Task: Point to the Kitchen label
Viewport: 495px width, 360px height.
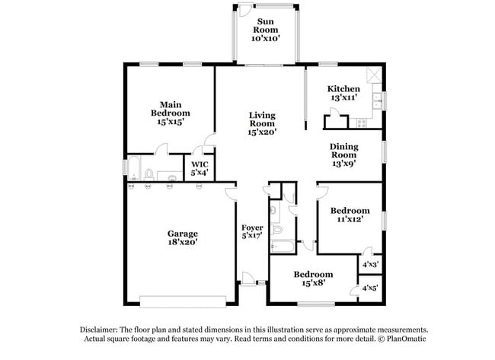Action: point(343,89)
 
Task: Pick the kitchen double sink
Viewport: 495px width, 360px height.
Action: point(378,100)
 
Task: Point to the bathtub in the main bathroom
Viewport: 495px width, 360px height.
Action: point(133,168)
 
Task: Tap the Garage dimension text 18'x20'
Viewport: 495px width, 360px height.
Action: point(183,242)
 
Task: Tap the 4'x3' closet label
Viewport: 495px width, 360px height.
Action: point(370,264)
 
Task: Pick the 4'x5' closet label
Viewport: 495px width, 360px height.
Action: point(370,288)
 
